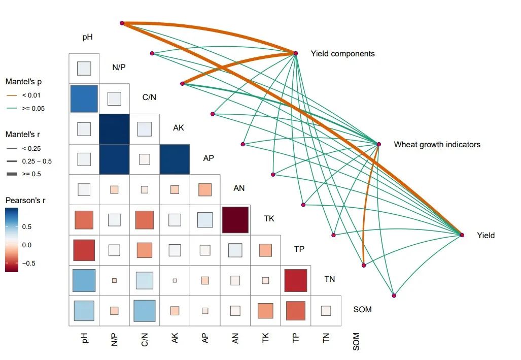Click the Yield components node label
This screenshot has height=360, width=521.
tap(342, 53)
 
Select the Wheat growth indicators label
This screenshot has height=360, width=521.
tap(437, 144)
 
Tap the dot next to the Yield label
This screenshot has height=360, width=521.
tap(462, 235)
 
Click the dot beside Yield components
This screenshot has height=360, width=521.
tap(296, 53)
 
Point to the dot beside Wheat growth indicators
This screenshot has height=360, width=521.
tap(378, 144)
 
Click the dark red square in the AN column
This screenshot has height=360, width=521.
tap(235, 220)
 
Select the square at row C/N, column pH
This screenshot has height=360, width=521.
tap(84, 99)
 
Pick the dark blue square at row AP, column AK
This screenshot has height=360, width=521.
tap(175, 159)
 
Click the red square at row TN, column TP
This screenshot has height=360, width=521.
tap(295, 280)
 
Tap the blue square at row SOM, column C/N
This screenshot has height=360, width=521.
tap(145, 311)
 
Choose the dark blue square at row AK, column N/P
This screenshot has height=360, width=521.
tap(114, 129)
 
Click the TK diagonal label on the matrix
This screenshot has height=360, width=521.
tap(269, 218)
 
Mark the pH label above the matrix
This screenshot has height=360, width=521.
tap(88, 37)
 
